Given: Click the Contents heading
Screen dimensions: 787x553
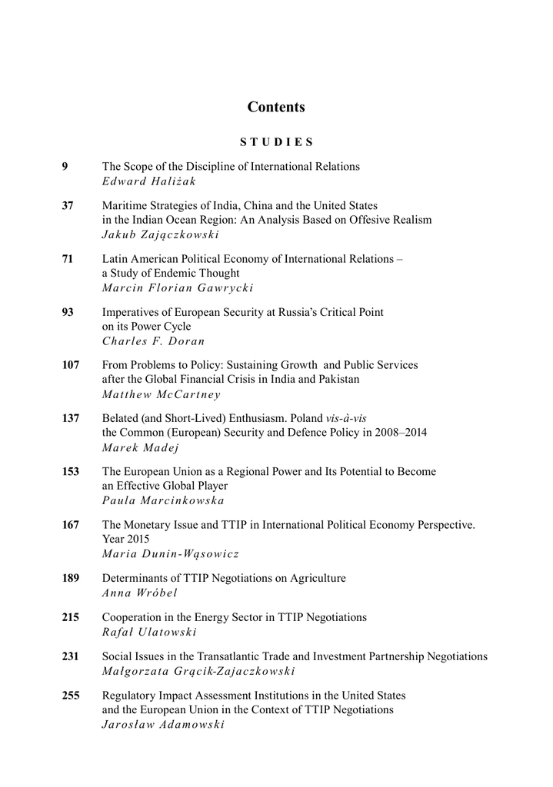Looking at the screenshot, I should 276,108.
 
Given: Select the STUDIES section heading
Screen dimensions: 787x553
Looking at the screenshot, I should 276,142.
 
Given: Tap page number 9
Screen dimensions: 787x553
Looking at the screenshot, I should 65,166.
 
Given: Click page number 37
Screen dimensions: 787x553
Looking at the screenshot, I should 68,206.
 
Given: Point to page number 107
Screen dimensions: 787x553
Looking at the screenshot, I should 71,365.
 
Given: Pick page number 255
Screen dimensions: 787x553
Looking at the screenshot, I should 71,696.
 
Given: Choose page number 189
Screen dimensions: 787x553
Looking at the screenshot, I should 71,578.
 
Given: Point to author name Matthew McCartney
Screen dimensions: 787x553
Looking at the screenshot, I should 161,394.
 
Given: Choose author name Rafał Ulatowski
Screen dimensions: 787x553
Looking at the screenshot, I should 149,633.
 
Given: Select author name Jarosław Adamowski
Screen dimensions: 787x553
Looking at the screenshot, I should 163,725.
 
